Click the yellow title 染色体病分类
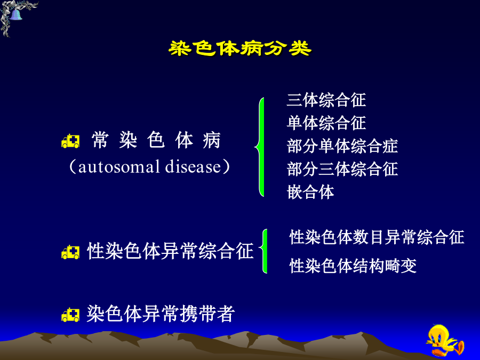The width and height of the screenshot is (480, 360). click(239, 49)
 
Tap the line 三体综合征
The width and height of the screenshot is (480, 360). click(326, 100)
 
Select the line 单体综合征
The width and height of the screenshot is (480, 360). click(326, 123)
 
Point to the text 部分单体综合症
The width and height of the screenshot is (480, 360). click(342, 146)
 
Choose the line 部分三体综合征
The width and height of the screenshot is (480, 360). click(342, 169)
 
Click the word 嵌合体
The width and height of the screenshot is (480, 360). click(310, 192)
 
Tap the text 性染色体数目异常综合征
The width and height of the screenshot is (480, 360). click(377, 237)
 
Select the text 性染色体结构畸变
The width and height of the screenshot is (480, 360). click(353, 266)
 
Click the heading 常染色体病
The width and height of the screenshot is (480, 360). click(156, 140)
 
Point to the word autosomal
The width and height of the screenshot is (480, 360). click(119, 167)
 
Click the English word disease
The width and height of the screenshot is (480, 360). click(193, 167)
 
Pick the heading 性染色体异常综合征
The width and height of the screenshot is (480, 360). click(170, 251)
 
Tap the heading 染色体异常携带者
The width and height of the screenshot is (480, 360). click(161, 314)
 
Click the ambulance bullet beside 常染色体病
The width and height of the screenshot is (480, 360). click(70, 141)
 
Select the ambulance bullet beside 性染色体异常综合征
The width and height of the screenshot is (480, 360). click(70, 252)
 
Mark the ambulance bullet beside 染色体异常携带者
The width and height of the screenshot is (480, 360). click(70, 315)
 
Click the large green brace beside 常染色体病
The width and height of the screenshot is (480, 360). click(260, 147)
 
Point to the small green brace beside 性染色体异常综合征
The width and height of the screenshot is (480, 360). click(264, 251)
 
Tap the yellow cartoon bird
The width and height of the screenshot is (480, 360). click(445, 340)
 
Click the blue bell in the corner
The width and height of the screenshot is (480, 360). click(15, 14)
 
